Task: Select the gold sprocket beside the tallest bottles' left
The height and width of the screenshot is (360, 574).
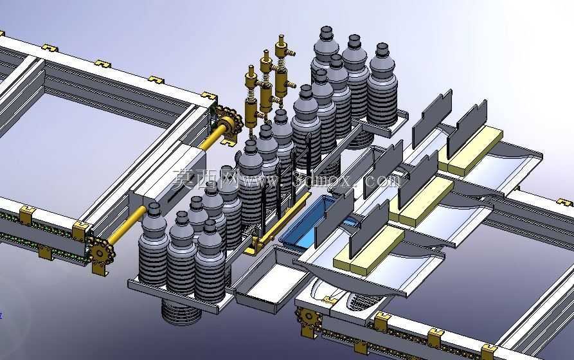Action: (x=228, y=120)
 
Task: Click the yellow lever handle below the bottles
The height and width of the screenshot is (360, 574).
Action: (x=278, y=227)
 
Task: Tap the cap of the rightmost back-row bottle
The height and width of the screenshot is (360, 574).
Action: (x=382, y=50)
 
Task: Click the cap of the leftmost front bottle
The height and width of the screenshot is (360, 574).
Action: (x=154, y=209)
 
